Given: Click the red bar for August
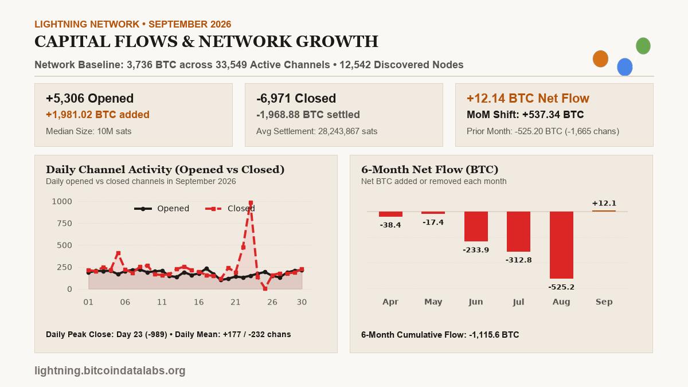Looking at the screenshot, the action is tap(561, 245).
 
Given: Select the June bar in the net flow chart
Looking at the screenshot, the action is tap(476, 226).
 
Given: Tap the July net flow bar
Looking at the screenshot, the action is tap(518, 232).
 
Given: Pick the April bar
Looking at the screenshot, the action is tap(390, 214).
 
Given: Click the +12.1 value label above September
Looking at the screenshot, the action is tap(604, 203).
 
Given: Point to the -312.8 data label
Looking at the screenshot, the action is tap(518, 260).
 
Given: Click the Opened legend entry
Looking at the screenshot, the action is tap(162, 209).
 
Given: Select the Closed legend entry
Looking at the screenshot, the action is tap(230, 209).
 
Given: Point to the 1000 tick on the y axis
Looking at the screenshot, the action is tap(62, 201).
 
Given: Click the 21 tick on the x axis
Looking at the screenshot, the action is tap(235, 302).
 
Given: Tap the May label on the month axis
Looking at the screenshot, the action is tap(433, 302).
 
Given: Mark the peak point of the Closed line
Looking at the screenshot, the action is tap(251, 203).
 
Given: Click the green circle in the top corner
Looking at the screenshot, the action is tap(643, 46).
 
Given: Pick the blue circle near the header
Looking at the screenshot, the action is tap(625, 67).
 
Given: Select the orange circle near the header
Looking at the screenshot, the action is tap(600, 58).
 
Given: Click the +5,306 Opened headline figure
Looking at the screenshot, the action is tap(89, 98).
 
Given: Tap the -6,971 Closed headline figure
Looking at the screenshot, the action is tap(296, 98).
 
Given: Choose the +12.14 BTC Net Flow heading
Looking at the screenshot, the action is tap(528, 98).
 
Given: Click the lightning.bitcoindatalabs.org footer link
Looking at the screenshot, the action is tap(110, 370).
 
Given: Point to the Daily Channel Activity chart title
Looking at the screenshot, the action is tap(165, 170).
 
